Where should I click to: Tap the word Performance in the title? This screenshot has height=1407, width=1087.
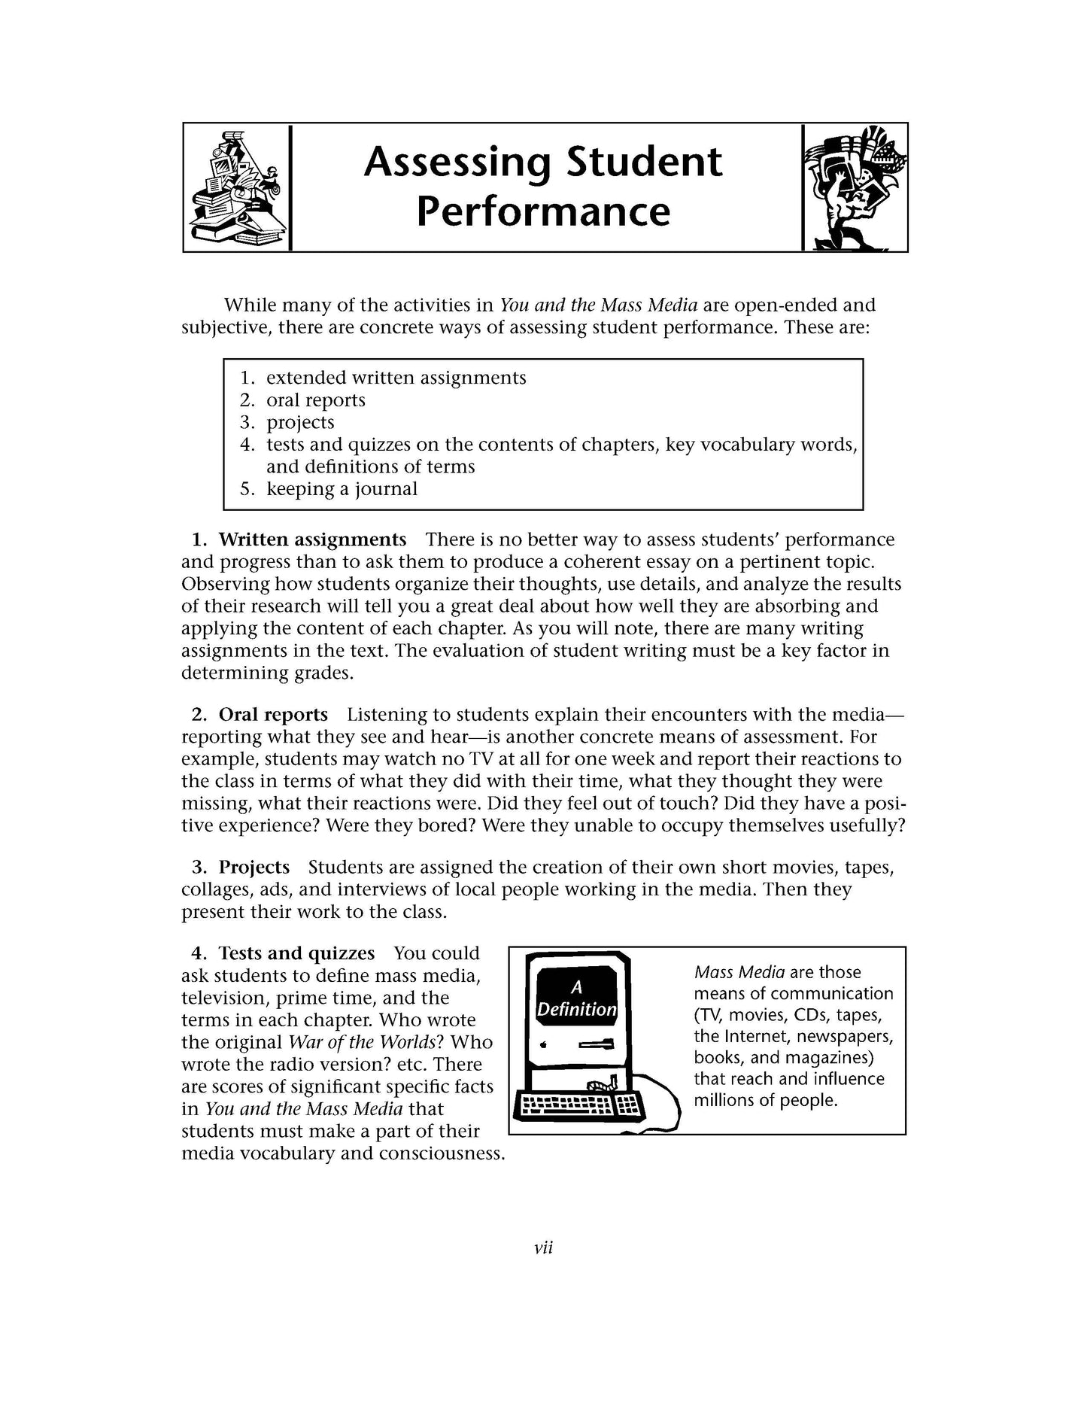(543, 211)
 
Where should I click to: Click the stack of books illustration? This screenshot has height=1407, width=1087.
(235, 189)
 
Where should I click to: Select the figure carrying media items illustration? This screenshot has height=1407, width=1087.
(855, 189)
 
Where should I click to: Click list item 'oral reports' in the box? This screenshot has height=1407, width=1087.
(316, 400)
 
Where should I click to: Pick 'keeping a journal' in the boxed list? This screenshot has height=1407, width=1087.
(342, 489)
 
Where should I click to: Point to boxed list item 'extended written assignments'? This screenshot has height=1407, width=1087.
(396, 378)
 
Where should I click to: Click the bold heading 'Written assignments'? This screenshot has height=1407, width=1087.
(312, 540)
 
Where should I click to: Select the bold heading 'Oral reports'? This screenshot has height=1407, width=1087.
(273, 715)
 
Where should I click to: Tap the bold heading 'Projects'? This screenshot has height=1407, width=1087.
(254, 868)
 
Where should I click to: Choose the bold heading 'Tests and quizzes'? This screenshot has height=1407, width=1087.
(296, 954)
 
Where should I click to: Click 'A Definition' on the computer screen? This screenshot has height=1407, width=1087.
(576, 999)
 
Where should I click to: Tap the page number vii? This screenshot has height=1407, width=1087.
(543, 1248)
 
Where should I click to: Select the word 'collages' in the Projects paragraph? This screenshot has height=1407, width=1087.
(217, 890)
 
